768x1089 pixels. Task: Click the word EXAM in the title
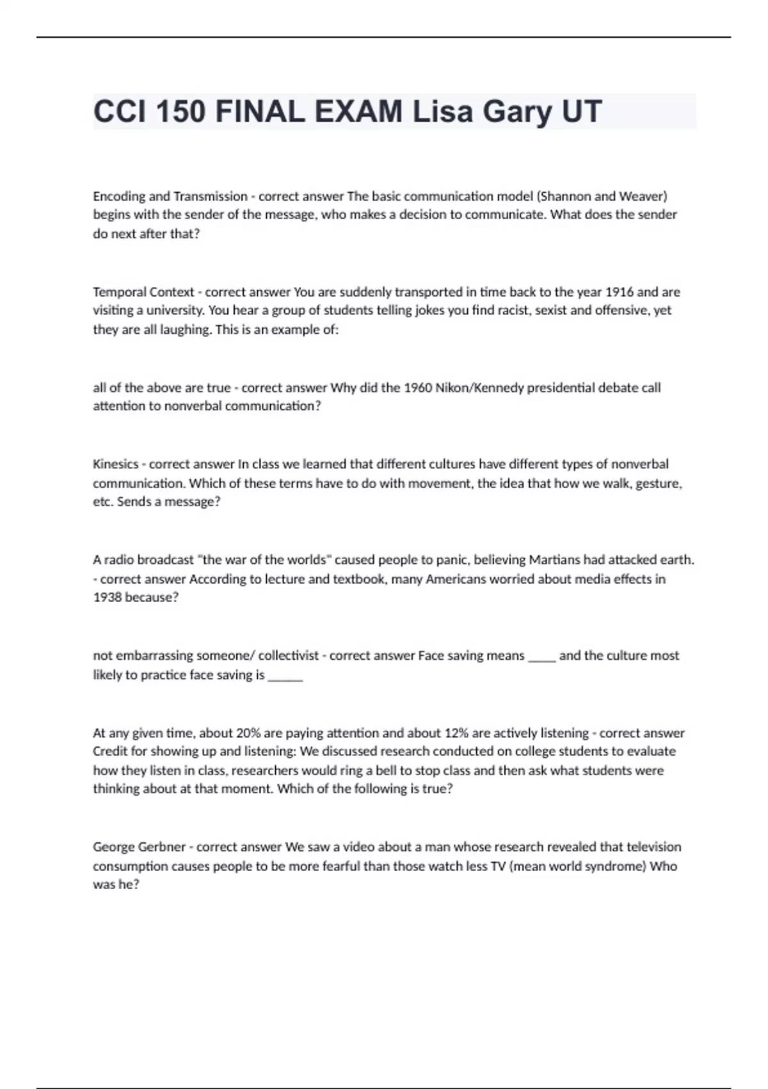(358, 111)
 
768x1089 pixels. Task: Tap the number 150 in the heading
(180, 111)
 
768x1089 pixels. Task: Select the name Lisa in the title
(442, 111)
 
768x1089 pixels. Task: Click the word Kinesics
(115, 464)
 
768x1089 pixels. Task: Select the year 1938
(107, 597)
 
